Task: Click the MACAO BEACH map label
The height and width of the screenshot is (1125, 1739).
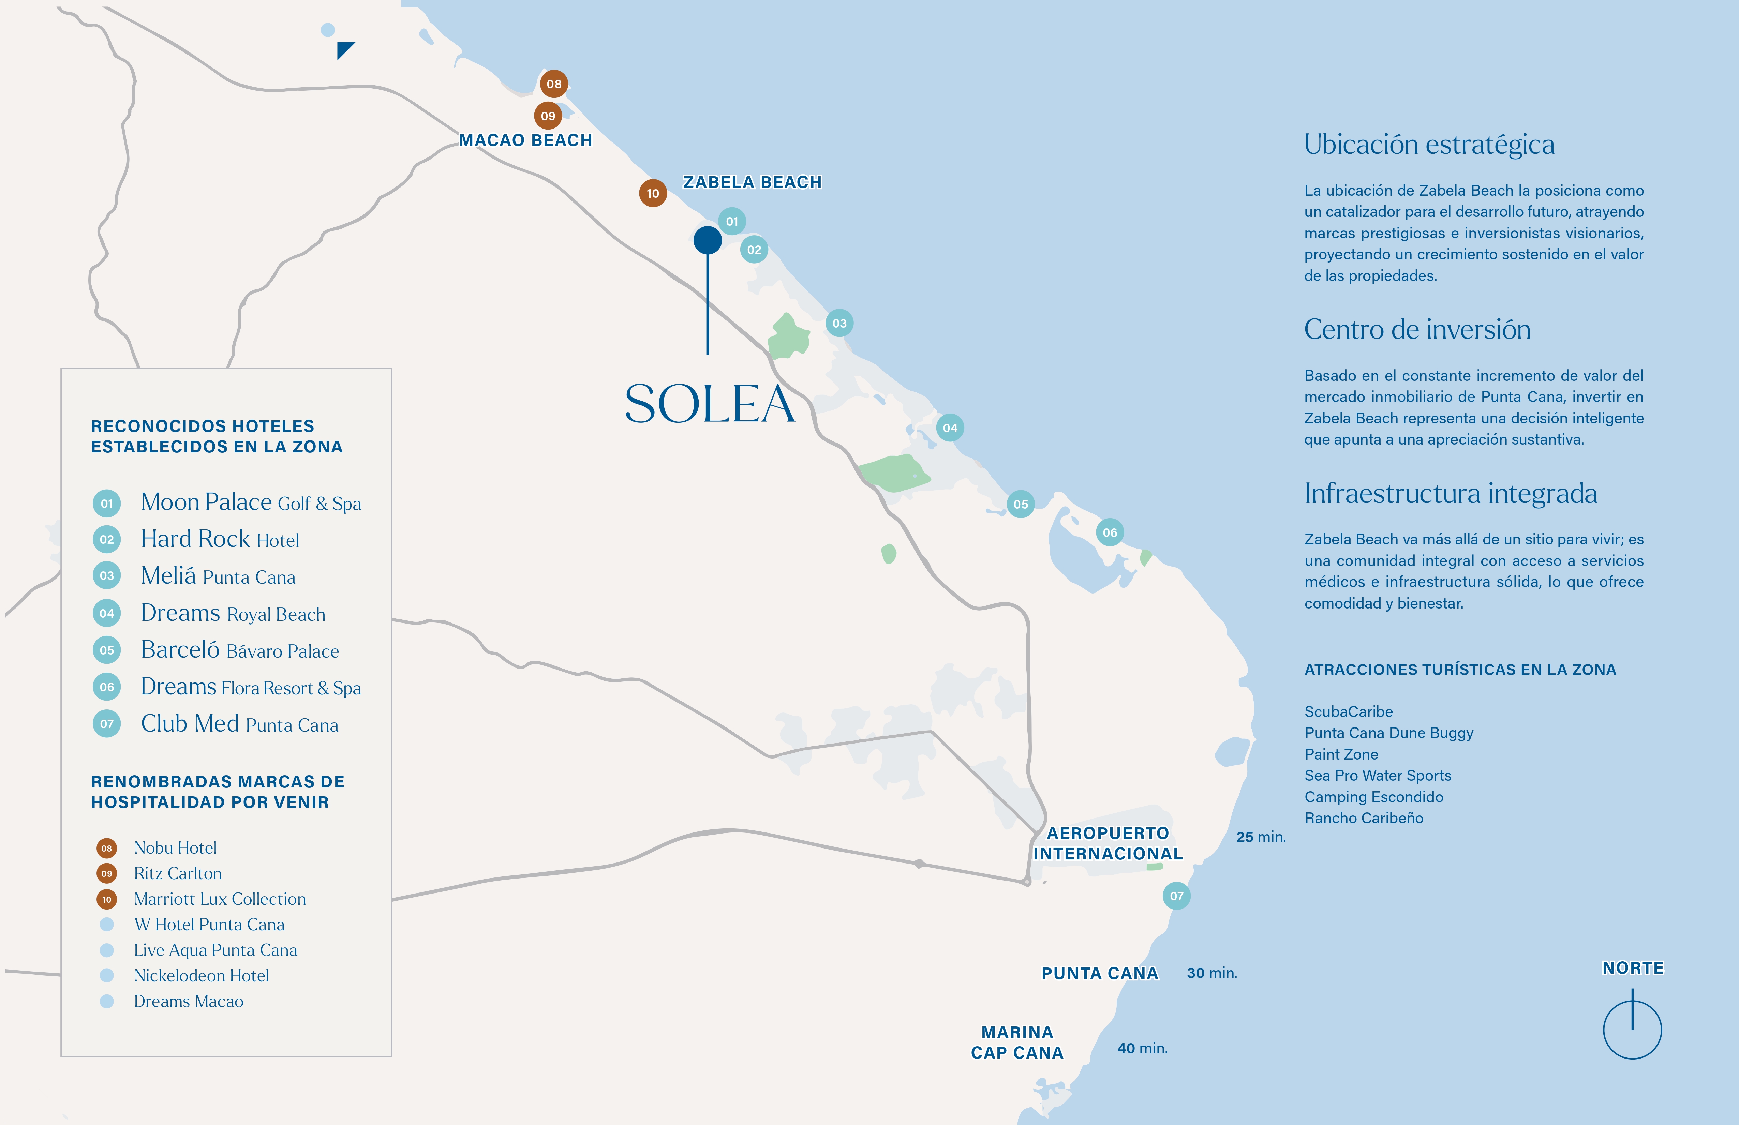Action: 525,140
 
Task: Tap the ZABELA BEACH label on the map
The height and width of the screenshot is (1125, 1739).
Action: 752,182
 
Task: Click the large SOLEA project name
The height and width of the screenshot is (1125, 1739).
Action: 710,404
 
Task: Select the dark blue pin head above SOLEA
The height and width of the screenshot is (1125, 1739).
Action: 707,240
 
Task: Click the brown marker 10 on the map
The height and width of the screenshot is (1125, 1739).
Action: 653,194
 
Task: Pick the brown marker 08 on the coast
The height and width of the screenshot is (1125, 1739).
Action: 554,84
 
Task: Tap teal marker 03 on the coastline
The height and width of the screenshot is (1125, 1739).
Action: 839,323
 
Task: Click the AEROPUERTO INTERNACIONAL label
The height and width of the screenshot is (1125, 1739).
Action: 1108,844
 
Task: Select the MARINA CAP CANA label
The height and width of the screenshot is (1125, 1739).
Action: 1017,1042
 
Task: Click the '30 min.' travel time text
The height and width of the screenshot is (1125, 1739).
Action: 1212,973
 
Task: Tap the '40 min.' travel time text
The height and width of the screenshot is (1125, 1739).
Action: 1142,1048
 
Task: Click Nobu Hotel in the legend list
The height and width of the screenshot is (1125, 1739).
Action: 175,847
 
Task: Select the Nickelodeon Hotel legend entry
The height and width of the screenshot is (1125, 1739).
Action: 201,975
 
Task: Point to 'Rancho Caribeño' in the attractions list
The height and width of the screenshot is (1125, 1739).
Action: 1364,818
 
